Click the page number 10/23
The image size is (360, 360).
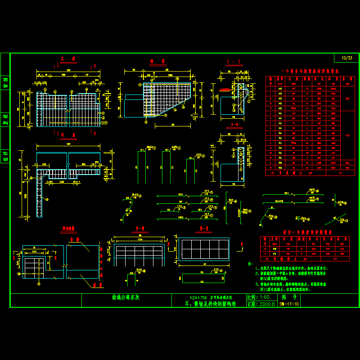[347, 58]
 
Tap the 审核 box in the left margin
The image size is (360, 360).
[5, 83]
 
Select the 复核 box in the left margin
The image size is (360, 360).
[5, 119]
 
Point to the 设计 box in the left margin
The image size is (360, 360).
[5, 156]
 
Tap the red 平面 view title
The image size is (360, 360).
[68, 135]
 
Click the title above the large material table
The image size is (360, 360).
[310, 71]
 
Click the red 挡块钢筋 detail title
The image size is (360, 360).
[68, 229]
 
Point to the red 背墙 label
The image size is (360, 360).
[74, 240]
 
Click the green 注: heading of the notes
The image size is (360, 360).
[251, 264]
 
